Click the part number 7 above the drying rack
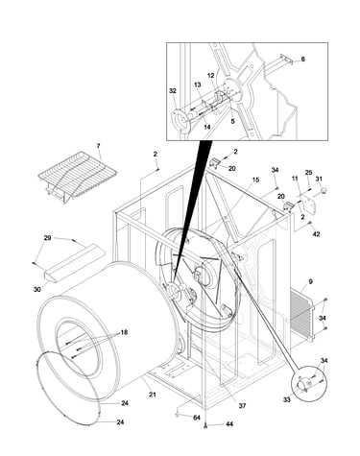point(98,146)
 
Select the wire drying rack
point(77,176)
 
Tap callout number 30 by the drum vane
point(37,289)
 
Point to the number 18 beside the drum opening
point(124,332)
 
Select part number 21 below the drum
point(153,395)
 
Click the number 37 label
point(242,406)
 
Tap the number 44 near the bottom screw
point(229,424)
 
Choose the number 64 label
point(197,418)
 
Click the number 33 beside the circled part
point(287,399)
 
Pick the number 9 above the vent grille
point(310,281)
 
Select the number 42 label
point(316,234)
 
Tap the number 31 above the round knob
point(319,179)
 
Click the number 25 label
point(308,173)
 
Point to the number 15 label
point(255,180)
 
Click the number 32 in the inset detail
point(173,91)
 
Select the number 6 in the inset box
point(302,60)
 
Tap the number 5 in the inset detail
point(232,121)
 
